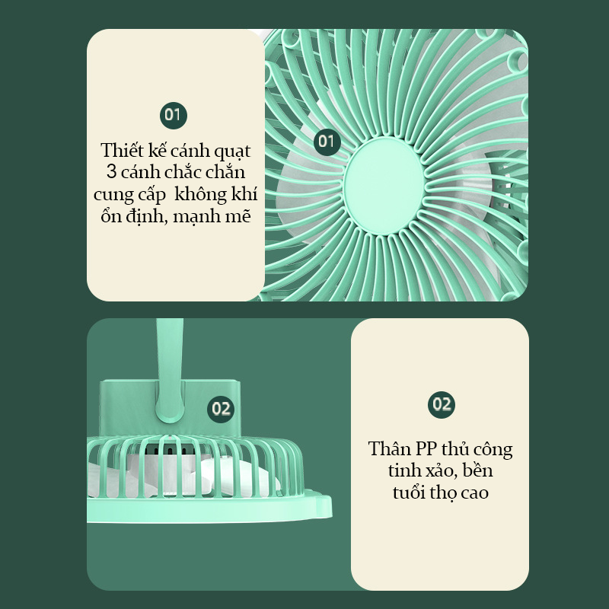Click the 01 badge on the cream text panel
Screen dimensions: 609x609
[x=174, y=116]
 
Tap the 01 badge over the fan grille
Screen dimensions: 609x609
[x=327, y=142]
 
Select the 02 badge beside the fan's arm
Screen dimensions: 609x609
[x=221, y=410]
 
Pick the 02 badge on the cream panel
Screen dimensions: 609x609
[x=442, y=405]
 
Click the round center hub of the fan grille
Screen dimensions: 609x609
[x=384, y=186]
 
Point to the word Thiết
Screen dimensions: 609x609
[x=122, y=150]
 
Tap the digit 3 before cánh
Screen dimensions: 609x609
[x=111, y=172]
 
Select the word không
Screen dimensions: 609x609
[x=201, y=193]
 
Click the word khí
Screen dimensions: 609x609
[x=244, y=193]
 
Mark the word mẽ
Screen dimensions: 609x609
[x=238, y=216]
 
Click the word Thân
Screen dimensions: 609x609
[x=389, y=448]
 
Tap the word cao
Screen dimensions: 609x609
[x=474, y=493]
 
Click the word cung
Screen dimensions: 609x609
[x=110, y=196]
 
